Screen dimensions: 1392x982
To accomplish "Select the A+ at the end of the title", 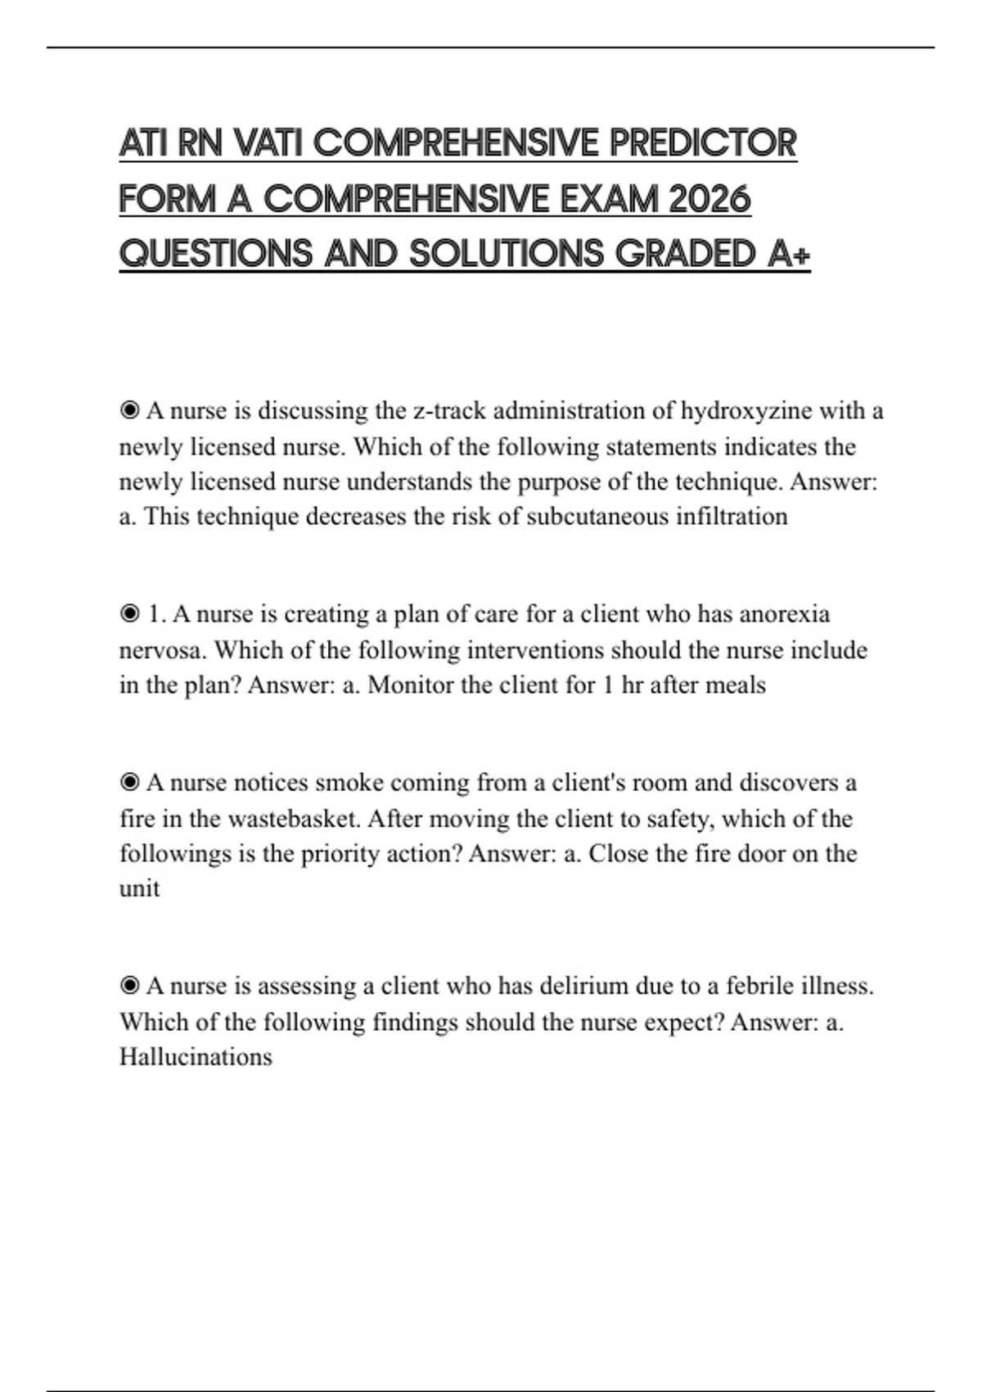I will (790, 254).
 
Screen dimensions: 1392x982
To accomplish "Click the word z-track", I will (449, 410).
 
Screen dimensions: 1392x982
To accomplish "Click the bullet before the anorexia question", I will (129, 613).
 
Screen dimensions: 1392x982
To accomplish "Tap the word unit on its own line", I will (139, 888).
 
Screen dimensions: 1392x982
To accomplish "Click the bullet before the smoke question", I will (129, 782).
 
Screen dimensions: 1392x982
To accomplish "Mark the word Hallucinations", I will (196, 1057).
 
